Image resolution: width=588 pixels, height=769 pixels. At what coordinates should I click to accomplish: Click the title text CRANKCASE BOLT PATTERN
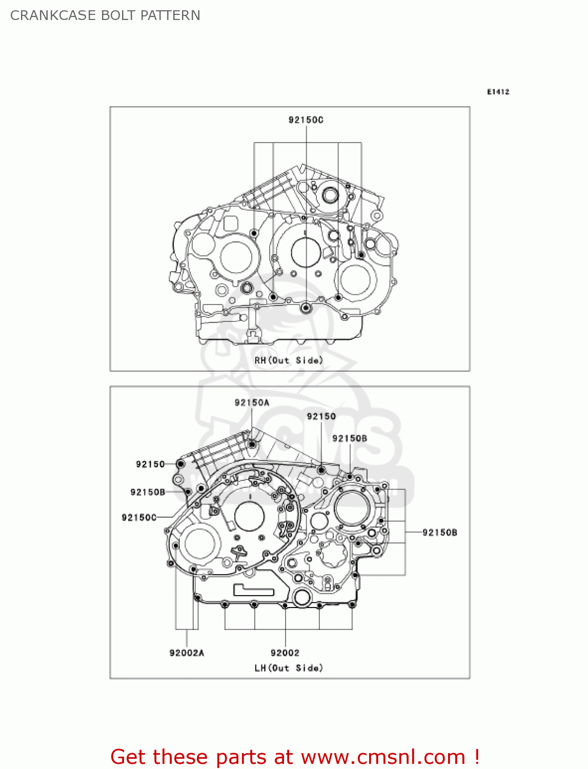click(105, 15)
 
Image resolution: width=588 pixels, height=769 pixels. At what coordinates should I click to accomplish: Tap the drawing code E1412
click(498, 92)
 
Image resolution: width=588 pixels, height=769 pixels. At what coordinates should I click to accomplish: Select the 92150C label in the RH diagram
click(306, 120)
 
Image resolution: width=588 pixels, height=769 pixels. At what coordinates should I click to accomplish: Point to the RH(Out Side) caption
click(289, 360)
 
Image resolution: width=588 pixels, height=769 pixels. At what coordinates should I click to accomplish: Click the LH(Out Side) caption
click(289, 668)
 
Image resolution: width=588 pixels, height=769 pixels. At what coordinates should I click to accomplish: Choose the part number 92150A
click(252, 403)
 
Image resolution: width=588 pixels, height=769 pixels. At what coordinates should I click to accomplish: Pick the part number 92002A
click(187, 653)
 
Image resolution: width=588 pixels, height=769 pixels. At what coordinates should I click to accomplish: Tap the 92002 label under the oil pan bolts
click(285, 653)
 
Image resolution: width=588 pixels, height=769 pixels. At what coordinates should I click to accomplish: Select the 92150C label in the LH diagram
click(139, 518)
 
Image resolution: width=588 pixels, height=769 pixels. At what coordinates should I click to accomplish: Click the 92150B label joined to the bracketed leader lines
click(439, 533)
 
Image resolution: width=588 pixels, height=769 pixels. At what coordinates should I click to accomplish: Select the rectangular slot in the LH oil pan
click(254, 590)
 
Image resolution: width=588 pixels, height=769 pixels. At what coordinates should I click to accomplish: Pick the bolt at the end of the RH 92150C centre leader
click(306, 308)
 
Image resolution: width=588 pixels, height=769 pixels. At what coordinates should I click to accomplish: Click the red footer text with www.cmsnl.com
click(295, 757)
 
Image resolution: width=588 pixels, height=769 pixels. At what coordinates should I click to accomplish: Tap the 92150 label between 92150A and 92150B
click(321, 416)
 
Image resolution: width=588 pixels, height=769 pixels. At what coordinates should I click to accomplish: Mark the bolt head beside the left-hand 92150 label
click(180, 464)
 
